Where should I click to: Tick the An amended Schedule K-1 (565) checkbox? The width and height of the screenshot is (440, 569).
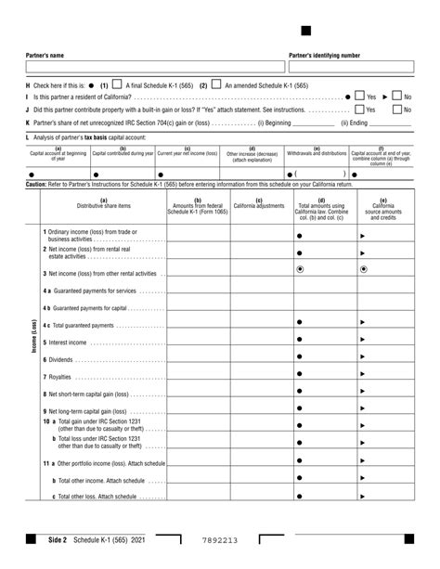click(215, 84)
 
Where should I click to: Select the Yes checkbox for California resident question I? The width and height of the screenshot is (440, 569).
click(358, 96)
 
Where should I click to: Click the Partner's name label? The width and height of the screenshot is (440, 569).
click(45, 56)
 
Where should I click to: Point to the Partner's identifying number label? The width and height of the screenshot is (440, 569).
click(325, 56)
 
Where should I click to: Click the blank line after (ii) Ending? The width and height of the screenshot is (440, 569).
click(391, 123)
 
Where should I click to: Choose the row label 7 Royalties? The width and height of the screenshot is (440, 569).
click(59, 376)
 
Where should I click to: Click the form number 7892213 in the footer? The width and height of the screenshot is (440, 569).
click(219, 539)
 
